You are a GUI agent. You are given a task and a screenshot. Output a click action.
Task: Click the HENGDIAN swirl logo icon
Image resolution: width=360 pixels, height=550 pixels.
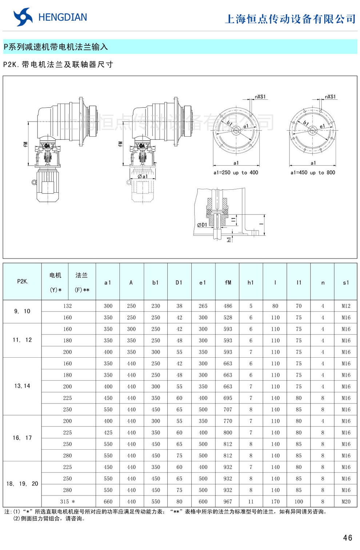23,17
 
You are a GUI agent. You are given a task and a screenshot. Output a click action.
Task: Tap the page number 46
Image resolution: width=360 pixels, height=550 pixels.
347,538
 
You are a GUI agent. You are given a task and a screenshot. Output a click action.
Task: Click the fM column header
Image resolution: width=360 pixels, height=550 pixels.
228,282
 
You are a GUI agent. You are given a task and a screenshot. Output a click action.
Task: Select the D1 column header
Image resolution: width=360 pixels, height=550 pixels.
179,282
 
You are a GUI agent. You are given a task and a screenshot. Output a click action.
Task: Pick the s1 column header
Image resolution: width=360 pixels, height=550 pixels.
346,282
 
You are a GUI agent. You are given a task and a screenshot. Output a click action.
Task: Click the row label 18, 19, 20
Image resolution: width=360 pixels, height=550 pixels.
22,483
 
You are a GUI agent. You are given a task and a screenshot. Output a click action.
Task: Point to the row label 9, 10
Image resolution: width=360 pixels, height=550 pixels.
22,311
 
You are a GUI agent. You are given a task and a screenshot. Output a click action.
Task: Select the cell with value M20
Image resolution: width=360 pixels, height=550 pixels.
346,501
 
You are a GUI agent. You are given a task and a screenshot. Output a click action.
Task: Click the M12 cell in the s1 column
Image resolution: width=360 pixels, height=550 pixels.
346,306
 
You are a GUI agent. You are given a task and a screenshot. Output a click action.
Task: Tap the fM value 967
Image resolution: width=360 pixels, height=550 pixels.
228,501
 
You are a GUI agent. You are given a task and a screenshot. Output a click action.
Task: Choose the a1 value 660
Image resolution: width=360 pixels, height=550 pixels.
108,501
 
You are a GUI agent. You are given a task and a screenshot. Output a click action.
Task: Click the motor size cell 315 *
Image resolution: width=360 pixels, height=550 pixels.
68,501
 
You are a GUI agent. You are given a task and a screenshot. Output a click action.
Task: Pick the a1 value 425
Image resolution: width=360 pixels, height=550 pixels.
108,433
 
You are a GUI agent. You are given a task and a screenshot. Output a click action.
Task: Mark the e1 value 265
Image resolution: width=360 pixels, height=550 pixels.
203,306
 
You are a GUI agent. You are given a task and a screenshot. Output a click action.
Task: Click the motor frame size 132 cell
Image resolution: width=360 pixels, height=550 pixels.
68,306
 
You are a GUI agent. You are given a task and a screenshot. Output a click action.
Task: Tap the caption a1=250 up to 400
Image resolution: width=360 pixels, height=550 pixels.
236,173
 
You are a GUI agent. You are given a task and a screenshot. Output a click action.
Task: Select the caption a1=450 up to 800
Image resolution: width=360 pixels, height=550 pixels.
313,173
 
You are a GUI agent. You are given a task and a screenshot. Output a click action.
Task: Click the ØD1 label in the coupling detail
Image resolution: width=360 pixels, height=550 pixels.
202,225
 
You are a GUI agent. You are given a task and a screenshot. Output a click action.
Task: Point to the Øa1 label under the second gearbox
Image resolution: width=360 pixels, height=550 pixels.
143,176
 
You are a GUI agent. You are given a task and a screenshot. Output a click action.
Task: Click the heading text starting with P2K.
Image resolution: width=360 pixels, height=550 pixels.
58,64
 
